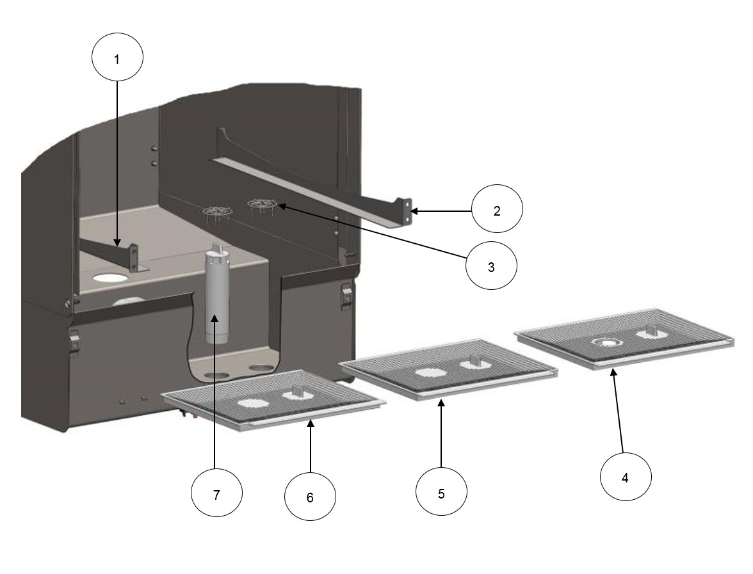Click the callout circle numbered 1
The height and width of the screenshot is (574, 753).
pyautogui.click(x=117, y=59)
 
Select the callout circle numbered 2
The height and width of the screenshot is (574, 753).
pyautogui.click(x=497, y=210)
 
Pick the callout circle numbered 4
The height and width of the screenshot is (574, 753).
pyautogui.click(x=625, y=477)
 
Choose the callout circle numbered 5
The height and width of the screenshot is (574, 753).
pyautogui.click(x=441, y=494)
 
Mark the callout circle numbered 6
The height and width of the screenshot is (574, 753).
pyautogui.click(x=310, y=497)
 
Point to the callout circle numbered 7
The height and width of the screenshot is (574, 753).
pyautogui.click(x=217, y=494)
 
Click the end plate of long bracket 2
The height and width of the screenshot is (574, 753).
pyautogui.click(x=404, y=211)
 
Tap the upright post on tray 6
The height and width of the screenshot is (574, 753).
pyautogui.click(x=297, y=392)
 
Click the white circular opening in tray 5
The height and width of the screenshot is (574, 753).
pyautogui.click(x=427, y=372)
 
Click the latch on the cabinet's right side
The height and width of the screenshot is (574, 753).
pyautogui.click(x=346, y=296)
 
